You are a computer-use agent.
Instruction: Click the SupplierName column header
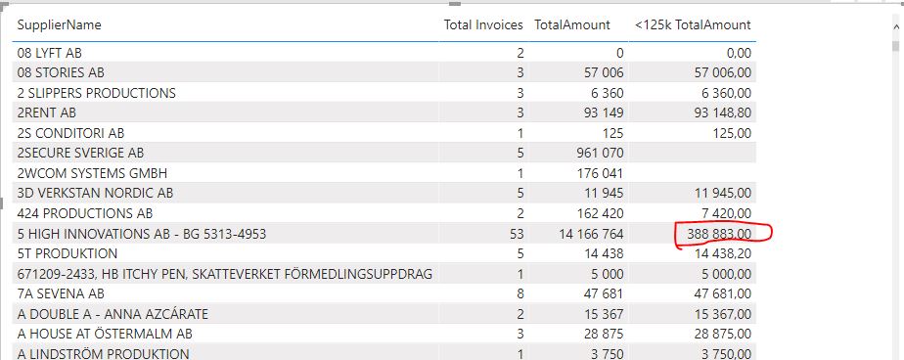[60, 24]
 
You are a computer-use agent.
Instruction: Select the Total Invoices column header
[483, 24]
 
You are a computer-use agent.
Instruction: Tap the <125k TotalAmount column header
[693, 24]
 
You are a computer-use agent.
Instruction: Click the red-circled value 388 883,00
[719, 234]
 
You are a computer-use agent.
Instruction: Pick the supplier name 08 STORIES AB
[61, 73]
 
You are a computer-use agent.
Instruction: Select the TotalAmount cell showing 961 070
[600, 154]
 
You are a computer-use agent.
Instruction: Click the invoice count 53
[517, 234]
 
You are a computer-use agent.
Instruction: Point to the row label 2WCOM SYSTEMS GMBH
[92, 173]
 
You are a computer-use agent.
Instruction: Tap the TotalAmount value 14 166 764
[590, 234]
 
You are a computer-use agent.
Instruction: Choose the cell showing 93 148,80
[719, 113]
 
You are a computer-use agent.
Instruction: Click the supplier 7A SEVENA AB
[61, 293]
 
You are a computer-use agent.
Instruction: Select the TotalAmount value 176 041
[600, 173]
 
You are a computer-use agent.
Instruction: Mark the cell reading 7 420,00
[723, 213]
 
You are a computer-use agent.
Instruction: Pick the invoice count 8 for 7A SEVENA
[520, 293]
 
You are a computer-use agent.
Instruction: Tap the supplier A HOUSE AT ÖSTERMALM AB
[105, 334]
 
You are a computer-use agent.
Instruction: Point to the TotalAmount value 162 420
[600, 213]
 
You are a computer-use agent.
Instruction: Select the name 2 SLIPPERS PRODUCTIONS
[96, 93]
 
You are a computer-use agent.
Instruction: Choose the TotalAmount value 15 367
[605, 314]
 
